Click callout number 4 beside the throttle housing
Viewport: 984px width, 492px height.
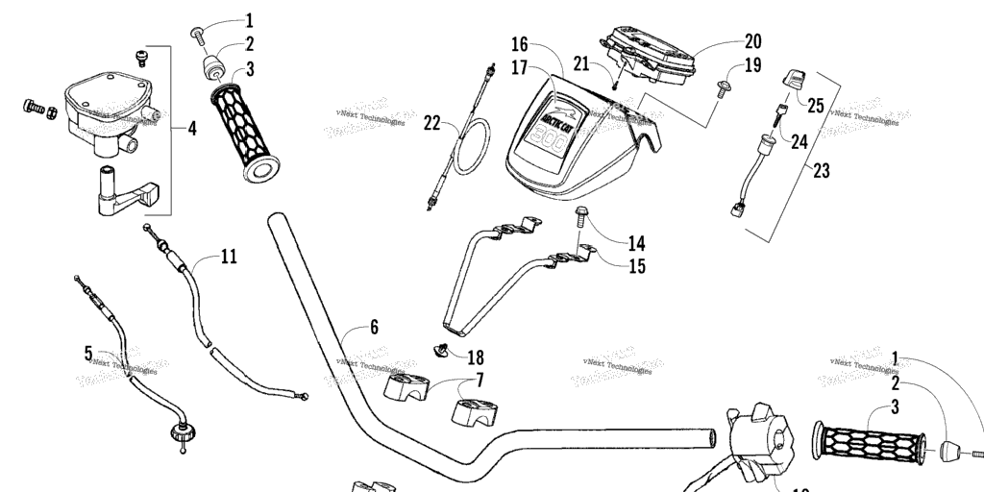(x=192, y=127)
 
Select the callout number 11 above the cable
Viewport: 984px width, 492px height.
(x=228, y=257)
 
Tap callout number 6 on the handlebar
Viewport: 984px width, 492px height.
(x=374, y=327)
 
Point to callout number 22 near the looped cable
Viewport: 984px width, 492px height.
(x=433, y=123)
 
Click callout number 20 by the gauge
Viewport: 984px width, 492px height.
(x=752, y=41)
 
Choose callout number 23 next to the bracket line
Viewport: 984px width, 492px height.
(x=821, y=171)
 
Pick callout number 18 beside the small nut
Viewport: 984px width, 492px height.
(x=475, y=357)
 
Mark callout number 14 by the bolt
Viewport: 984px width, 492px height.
(x=636, y=243)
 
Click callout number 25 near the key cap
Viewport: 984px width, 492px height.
(x=815, y=106)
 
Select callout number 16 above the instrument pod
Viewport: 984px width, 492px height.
(x=519, y=44)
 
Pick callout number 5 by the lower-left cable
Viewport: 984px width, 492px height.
(x=88, y=355)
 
